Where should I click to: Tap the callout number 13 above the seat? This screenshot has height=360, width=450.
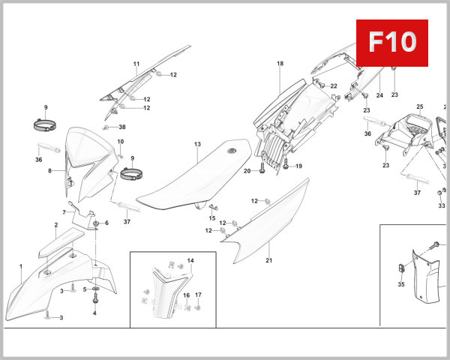197,143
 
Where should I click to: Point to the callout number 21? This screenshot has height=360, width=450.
268,260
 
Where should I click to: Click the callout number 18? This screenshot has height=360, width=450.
280,64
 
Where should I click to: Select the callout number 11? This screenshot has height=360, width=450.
136,64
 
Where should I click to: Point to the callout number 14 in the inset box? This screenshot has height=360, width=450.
190,259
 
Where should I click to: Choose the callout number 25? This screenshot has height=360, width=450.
420,106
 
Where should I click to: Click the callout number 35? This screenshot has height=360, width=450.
400,284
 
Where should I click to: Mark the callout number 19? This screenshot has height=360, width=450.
298,166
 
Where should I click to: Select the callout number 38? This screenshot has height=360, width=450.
122,127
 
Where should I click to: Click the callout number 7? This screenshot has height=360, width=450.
64,213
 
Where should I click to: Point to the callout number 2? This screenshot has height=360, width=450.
55,224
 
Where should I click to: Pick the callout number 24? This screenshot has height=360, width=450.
379,95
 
